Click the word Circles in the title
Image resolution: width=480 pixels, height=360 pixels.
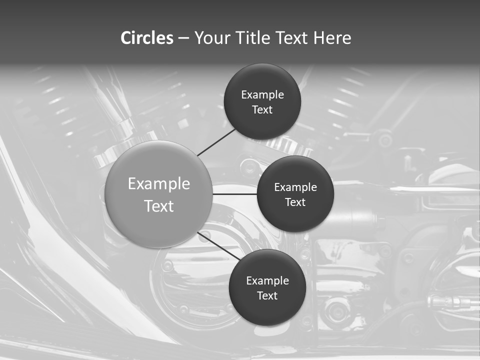(x=146, y=38)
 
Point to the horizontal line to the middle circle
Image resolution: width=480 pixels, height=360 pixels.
(x=235, y=193)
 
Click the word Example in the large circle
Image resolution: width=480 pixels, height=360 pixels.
(x=159, y=184)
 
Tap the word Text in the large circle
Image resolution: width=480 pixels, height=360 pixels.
(x=159, y=206)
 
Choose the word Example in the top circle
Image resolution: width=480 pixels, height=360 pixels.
(x=262, y=95)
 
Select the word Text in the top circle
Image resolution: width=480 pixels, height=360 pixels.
(x=262, y=109)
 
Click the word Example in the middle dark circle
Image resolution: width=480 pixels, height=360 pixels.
(x=295, y=187)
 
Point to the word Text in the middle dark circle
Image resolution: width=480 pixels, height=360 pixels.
(x=295, y=202)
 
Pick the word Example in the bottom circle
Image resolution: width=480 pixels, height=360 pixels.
(x=267, y=281)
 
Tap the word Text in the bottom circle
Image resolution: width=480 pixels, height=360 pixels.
(x=267, y=295)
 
